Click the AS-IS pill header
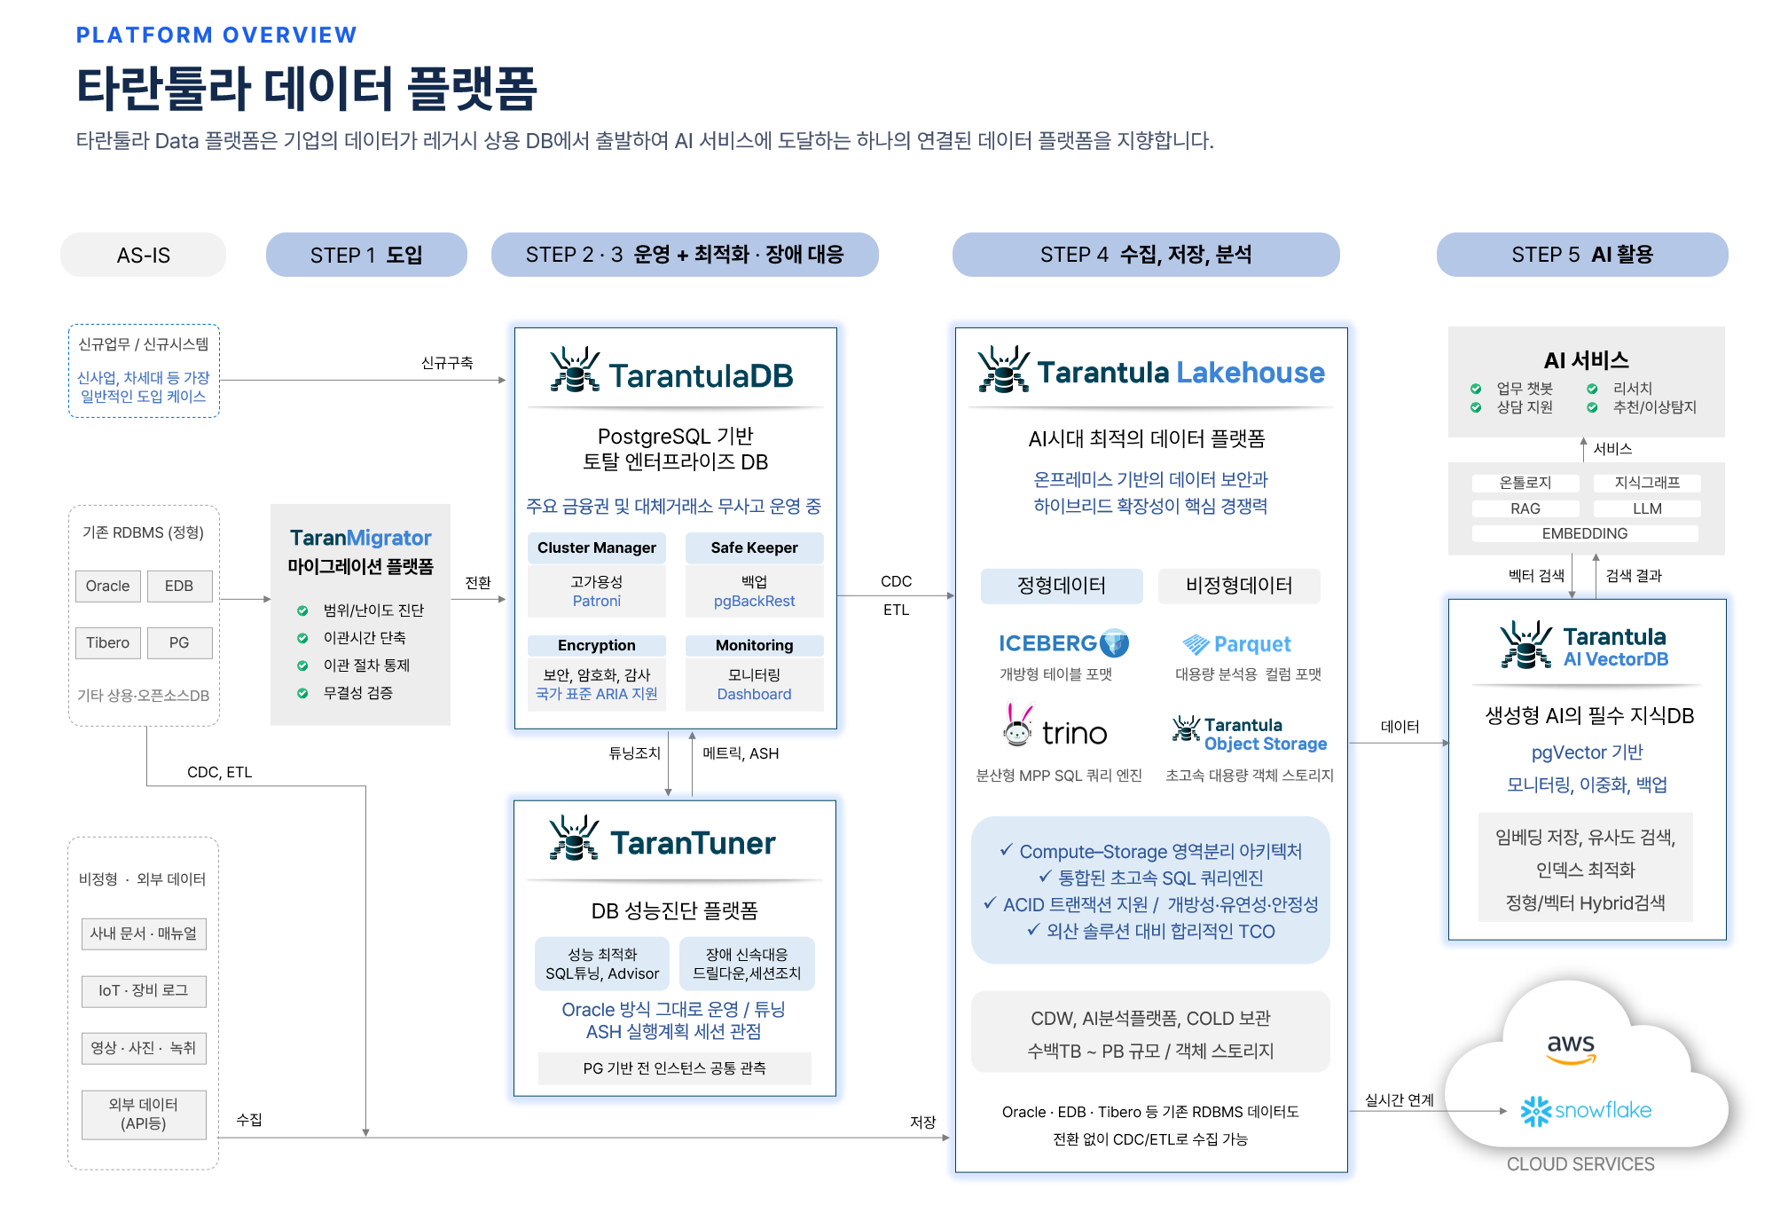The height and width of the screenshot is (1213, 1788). click(x=143, y=255)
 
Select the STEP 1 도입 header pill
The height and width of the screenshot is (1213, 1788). click(x=366, y=255)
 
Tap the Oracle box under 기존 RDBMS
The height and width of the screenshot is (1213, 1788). click(x=107, y=586)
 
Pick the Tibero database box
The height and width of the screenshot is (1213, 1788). click(x=107, y=642)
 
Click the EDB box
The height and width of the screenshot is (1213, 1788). click(x=179, y=586)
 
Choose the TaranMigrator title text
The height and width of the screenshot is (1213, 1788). click(x=360, y=538)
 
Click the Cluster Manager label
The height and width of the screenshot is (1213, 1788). click(x=597, y=547)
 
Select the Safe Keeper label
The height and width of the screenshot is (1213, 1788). click(x=754, y=547)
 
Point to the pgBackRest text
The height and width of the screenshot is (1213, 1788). click(x=754, y=601)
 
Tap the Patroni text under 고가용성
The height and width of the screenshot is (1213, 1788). click(x=597, y=601)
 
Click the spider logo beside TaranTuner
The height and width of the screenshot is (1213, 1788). click(x=574, y=839)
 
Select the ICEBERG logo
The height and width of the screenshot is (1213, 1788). click(x=1063, y=643)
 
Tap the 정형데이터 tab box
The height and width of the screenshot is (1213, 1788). click(x=1062, y=586)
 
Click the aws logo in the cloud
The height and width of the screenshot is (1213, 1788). click(x=1571, y=1047)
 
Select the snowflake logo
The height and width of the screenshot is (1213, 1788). click(x=1586, y=1111)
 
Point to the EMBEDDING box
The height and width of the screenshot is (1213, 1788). click(x=1585, y=533)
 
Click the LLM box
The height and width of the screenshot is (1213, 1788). click(x=1647, y=508)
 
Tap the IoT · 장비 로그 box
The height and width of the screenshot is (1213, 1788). click(x=144, y=991)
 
